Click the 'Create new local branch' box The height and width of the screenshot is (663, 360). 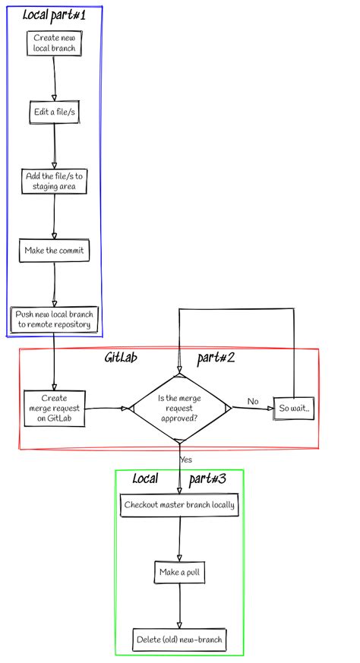(54, 43)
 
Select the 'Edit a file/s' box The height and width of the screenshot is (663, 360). (54, 112)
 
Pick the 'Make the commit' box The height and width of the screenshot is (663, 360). (54, 251)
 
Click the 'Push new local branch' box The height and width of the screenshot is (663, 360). (55, 319)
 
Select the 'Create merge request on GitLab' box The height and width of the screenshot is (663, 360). (54, 409)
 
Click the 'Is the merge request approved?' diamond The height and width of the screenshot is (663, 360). (179, 408)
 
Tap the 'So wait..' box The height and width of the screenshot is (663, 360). (294, 409)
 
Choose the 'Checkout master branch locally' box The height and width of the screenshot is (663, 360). (179, 504)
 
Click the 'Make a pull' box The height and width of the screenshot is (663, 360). (179, 571)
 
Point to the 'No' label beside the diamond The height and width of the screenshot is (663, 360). (253, 400)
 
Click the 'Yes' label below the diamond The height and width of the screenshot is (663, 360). (187, 459)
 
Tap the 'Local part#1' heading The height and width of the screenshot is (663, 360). (53, 15)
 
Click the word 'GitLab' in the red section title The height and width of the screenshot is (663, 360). (121, 358)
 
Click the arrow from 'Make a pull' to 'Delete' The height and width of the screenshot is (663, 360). (180, 605)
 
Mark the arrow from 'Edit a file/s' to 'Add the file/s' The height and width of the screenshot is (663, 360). (54, 146)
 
